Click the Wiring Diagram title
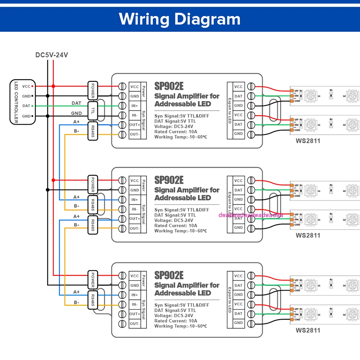click(180, 19)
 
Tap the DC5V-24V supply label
click(51, 55)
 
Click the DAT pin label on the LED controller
click(26, 106)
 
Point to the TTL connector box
click(93, 111)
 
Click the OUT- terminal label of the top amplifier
click(135, 134)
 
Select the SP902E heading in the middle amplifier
click(169, 180)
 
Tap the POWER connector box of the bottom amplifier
click(93, 280)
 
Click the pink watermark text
click(251, 215)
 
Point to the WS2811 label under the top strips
click(308, 141)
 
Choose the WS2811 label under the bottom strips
click(308, 330)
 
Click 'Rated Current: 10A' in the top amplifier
click(176, 132)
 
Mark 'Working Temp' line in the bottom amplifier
click(180, 326)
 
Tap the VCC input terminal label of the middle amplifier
click(135, 181)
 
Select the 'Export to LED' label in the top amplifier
click(230, 110)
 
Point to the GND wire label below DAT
click(76, 113)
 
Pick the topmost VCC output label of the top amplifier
click(238, 87)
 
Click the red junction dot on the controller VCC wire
click(53, 86)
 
